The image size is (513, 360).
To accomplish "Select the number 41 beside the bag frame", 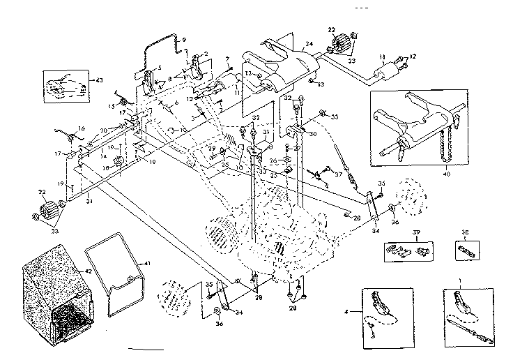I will click(146, 263).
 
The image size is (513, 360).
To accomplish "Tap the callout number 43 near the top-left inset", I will click(99, 81).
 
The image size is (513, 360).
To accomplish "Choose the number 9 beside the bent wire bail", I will click(185, 40).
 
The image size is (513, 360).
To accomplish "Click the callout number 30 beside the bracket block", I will click(313, 135).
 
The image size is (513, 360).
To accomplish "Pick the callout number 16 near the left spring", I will click(81, 128).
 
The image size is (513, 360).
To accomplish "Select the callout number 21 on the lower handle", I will click(89, 202).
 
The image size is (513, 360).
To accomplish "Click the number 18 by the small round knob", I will click(106, 167).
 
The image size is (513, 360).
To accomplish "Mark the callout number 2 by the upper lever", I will click(206, 54).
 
